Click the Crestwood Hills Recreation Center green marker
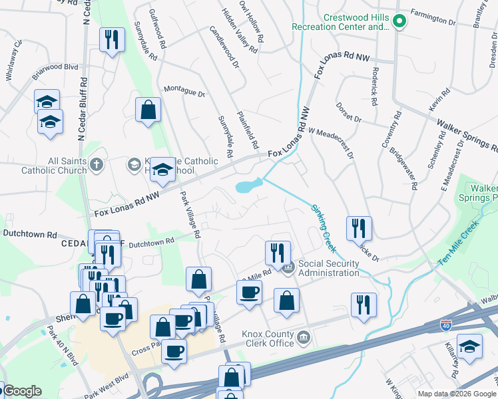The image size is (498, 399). (x=399, y=21)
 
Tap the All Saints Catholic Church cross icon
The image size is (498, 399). (x=97, y=164)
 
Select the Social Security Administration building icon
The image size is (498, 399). (x=288, y=269)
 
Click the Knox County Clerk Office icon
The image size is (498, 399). (x=304, y=338)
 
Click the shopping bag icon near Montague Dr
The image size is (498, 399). (x=148, y=110)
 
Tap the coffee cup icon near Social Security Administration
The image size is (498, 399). (x=250, y=293)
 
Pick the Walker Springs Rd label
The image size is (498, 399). (x=467, y=136)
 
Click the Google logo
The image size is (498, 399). (x=22, y=391)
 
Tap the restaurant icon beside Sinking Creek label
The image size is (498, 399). (x=360, y=228)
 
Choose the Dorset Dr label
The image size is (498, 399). (x=348, y=111)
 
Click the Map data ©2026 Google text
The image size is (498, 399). (x=457, y=394)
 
